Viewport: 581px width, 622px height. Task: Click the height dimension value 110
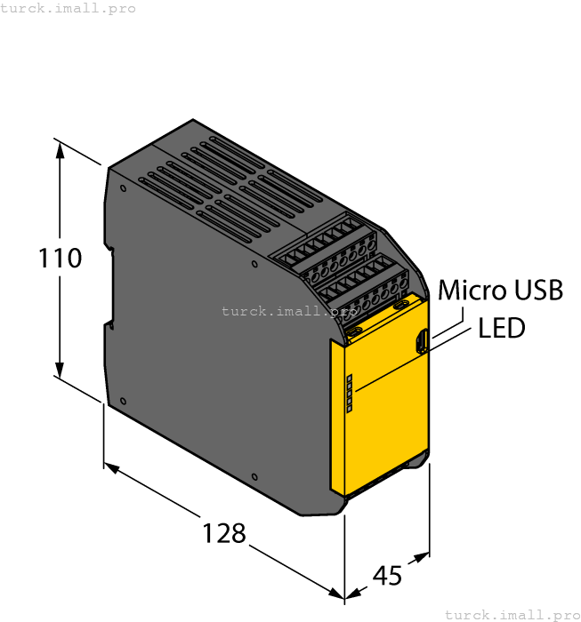[x=61, y=259]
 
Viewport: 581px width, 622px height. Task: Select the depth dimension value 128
[x=223, y=534]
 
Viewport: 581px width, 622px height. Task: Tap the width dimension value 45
[x=386, y=576]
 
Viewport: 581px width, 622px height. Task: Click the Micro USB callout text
[x=500, y=291]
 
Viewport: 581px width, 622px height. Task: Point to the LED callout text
[x=501, y=328]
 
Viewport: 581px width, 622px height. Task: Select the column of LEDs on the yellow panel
[x=349, y=394]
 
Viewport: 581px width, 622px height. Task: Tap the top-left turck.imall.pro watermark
[x=69, y=8]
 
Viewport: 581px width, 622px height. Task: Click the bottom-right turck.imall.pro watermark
[x=511, y=614]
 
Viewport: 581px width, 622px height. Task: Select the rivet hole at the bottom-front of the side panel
[x=254, y=477]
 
